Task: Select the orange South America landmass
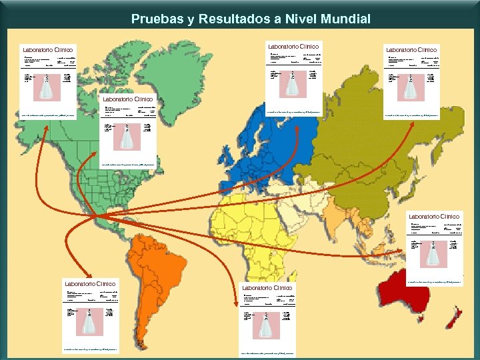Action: point(164,267)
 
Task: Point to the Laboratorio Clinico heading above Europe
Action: point(294,46)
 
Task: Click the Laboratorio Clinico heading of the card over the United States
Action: point(128,99)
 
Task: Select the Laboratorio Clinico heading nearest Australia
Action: point(434,216)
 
